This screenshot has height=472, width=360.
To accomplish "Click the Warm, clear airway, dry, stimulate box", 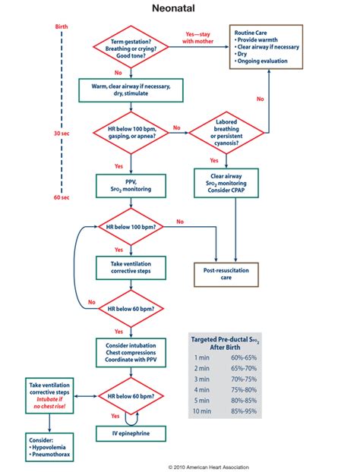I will coord(130,90).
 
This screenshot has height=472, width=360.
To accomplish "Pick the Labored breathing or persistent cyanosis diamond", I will coord(224,132).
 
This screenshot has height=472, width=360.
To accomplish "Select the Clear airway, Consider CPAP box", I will coord(224,183).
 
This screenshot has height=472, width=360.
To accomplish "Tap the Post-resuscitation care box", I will coord(224,274).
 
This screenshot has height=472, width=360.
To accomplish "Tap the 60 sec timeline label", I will coord(62,197).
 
